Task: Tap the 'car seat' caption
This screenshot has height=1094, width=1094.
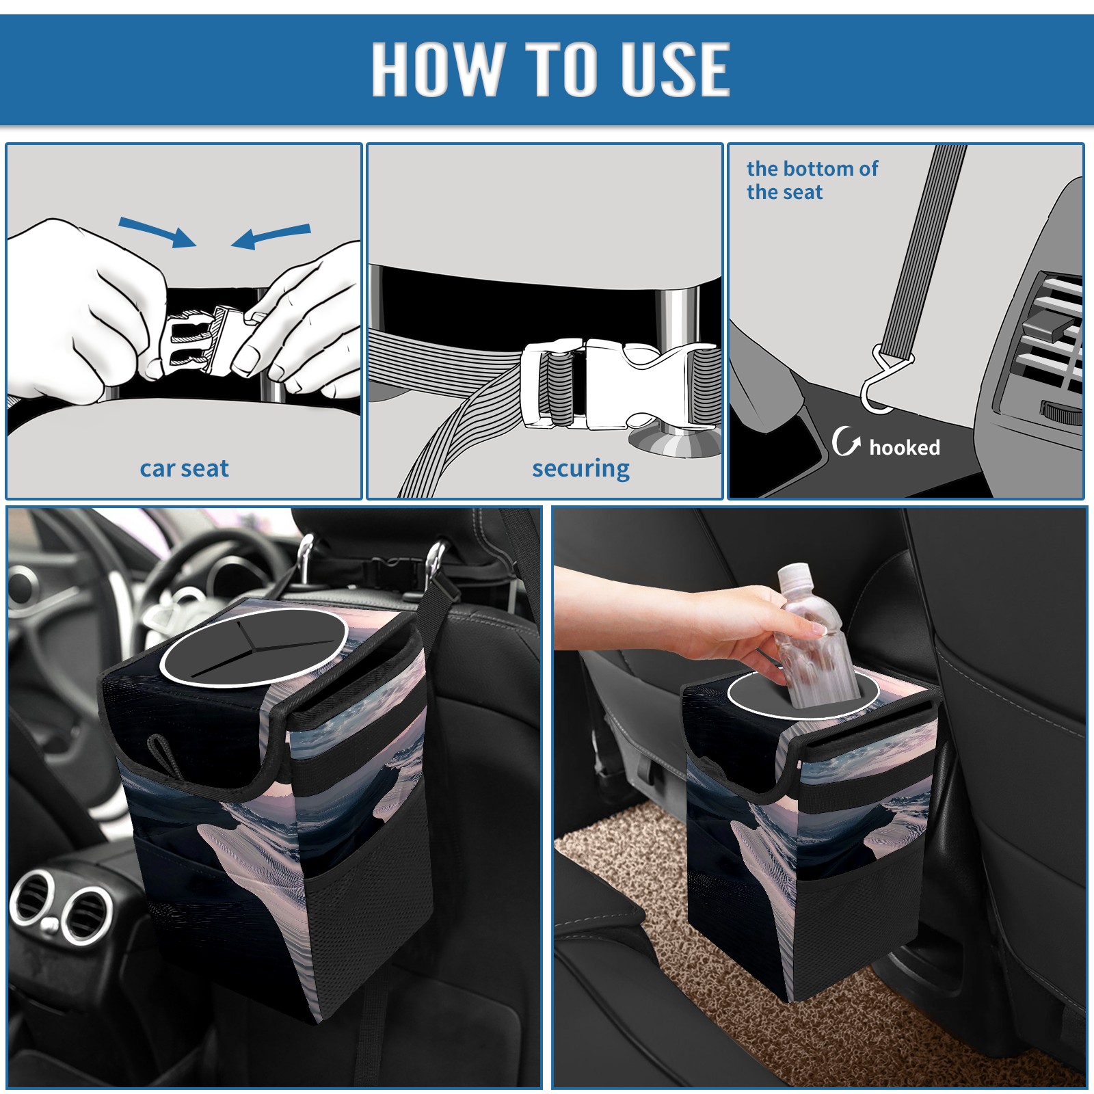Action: pos(184,468)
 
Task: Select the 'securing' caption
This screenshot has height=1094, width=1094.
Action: pos(581,469)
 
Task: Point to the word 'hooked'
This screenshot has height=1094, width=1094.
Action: pos(905,447)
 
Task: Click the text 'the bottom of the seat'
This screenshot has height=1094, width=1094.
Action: pos(812,180)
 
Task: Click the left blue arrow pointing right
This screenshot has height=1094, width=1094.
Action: pos(158,232)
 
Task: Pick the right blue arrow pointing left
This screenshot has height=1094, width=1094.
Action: pos(271,237)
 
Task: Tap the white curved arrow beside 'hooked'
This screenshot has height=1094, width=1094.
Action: pos(846,441)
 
